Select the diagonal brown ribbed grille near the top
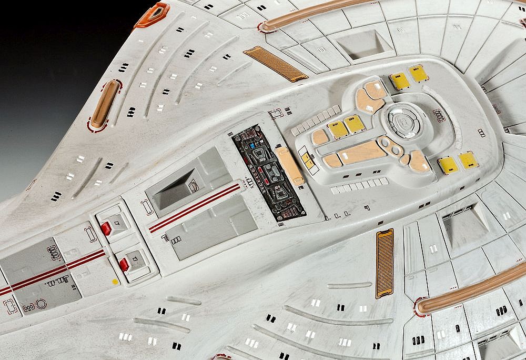pos(276,64)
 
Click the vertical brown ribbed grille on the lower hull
pos(385,263)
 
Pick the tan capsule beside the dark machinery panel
pos(290,165)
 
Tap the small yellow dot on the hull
pos(115,282)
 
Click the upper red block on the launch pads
pos(106,228)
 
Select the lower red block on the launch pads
pos(124,264)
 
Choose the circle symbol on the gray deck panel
pos(41,304)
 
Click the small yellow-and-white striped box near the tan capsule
pos(307,159)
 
